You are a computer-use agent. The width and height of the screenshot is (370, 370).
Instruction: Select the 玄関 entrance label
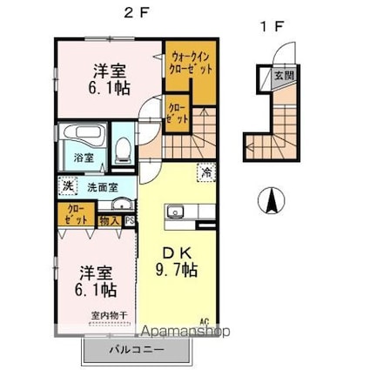click(x=285, y=77)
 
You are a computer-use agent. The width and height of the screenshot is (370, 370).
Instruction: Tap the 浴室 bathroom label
click(x=83, y=159)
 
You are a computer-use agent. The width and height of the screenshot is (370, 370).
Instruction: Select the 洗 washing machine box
click(x=67, y=185)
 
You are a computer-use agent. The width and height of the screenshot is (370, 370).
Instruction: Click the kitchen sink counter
click(x=184, y=212)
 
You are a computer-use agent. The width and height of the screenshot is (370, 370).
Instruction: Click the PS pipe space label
click(x=129, y=222)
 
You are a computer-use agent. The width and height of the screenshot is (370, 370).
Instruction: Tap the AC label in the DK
click(x=205, y=321)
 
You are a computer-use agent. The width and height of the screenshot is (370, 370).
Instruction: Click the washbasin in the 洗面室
click(x=121, y=206)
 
